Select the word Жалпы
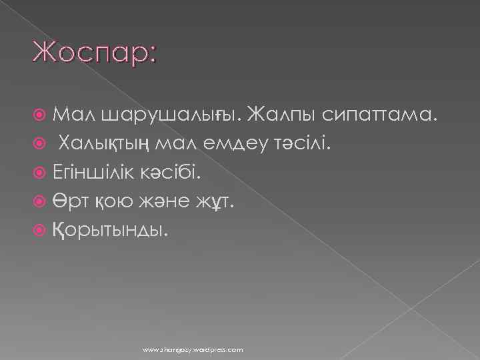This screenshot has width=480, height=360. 279,117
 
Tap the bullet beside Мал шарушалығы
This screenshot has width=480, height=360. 43,117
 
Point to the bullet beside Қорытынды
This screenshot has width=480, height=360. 43,230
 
